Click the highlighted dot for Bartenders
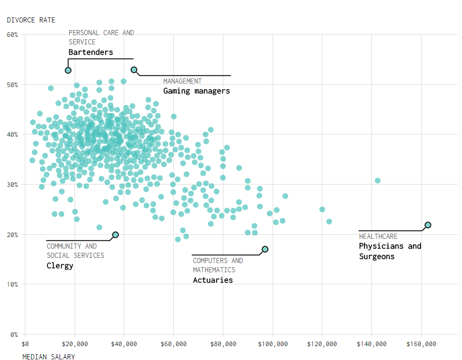click(68, 70)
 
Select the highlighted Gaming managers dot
click(134, 70)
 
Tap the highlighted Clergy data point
click(115, 235)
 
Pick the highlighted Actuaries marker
click(265, 249)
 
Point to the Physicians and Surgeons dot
click(428, 225)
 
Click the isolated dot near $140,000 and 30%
click(378, 181)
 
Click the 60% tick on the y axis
click(13, 35)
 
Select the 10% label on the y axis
click(13, 284)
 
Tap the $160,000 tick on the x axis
click(421, 344)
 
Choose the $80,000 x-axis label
click(223, 344)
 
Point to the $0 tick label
click(25, 344)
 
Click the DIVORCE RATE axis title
click(31, 20)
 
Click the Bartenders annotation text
click(91, 52)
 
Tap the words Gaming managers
click(196, 91)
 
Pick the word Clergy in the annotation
click(60, 266)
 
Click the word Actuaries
click(213, 280)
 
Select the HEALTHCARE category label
click(378, 237)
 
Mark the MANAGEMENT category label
click(182, 81)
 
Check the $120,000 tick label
click(322, 344)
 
